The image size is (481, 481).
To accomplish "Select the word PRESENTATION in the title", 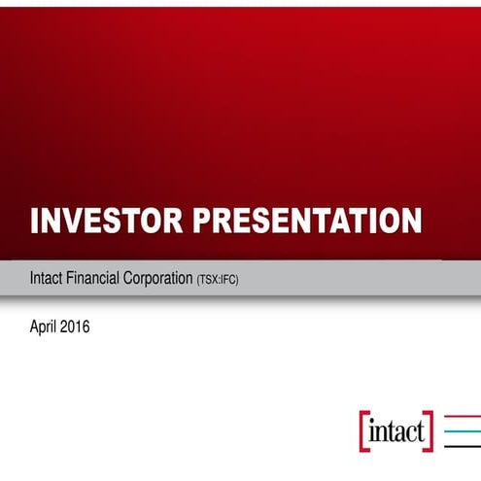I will [x=309, y=221].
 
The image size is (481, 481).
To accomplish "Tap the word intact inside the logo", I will [x=396, y=429].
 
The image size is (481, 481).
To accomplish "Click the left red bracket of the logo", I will [x=363, y=429].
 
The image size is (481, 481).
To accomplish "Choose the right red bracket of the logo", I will [x=429, y=429].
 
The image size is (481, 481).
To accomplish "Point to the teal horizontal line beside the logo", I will [x=463, y=429].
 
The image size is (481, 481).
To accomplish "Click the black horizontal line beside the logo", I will [x=463, y=444].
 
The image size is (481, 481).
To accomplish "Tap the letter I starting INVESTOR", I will [x=35, y=221].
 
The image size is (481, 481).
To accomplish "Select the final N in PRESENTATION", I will [x=411, y=221].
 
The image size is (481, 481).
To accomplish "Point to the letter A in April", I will [x=35, y=327].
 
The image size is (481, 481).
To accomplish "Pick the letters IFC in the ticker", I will [x=226, y=280].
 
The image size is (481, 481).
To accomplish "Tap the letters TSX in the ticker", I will [x=207, y=280].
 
